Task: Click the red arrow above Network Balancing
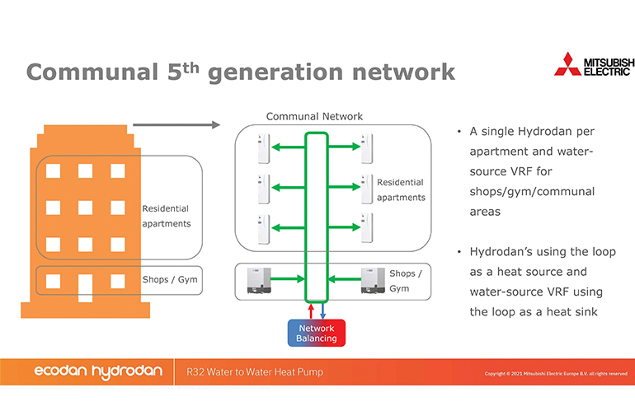[x=311, y=311]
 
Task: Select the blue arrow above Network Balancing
[x=322, y=311]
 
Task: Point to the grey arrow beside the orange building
[x=176, y=125]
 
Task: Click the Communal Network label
[x=314, y=117]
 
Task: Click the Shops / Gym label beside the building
[x=170, y=280]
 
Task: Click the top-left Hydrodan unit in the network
[x=261, y=147]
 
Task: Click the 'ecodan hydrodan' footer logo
[x=98, y=372]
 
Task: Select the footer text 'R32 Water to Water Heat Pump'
[x=255, y=372]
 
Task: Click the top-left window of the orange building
[x=53, y=170]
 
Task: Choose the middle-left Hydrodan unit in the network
[x=261, y=187]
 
